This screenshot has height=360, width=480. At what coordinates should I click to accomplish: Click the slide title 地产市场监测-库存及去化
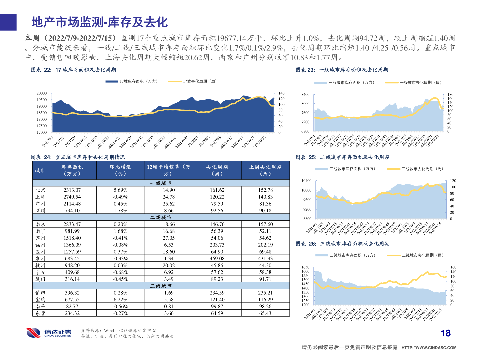99,22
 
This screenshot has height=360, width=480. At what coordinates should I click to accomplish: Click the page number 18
445,333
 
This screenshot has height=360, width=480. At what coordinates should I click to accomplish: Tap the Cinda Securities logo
49,333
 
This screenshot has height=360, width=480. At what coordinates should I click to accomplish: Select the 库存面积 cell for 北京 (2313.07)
72,190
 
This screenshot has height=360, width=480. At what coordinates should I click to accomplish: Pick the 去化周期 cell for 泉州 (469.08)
217,258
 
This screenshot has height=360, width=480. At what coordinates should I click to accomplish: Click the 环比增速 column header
120,170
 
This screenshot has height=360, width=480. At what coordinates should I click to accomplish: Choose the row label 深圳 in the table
40,211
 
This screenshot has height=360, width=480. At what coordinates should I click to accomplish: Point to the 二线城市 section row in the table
161,217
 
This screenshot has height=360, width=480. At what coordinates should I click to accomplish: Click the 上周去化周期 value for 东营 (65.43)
265,313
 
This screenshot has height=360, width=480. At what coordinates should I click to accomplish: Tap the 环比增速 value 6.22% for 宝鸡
120,300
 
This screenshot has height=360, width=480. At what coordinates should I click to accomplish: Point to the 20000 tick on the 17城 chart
42,93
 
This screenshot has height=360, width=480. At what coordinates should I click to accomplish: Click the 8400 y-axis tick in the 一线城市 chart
305,95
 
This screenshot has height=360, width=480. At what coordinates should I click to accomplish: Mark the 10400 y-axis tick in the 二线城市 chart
306,181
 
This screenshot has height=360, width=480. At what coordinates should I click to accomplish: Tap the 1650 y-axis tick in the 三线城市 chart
305,267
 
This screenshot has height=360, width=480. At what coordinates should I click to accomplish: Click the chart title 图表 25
342,157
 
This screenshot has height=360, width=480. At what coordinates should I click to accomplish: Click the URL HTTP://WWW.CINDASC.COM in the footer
429,348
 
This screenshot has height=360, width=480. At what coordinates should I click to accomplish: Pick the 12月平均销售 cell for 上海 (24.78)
169,197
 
